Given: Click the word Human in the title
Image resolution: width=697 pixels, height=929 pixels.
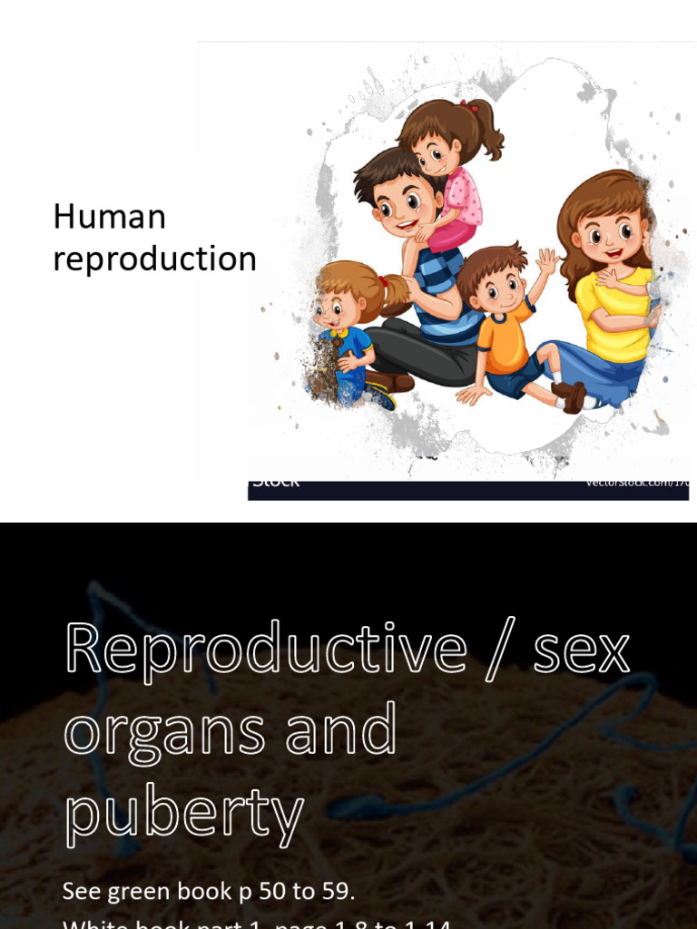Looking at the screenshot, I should pos(110,218).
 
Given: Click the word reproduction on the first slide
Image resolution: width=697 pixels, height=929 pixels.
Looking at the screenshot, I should pos(154,259).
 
